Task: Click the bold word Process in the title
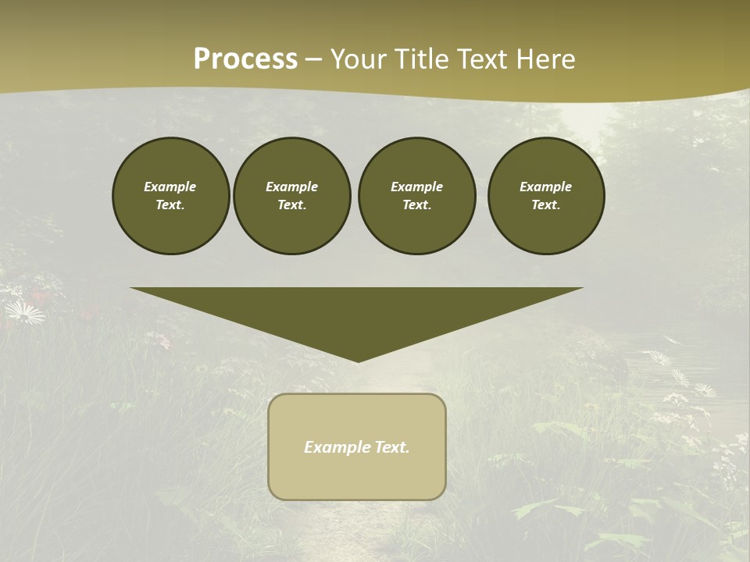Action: [245, 59]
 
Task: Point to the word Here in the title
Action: [547, 59]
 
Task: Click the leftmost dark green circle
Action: [171, 196]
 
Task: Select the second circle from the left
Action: [292, 196]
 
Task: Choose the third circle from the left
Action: [417, 196]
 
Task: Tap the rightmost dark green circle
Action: [546, 196]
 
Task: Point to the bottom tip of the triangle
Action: [358, 361]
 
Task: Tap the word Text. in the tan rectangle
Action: [392, 447]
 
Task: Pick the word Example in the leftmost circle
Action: [170, 187]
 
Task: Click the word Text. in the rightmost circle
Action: [546, 205]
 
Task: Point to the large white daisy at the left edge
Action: [25, 313]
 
